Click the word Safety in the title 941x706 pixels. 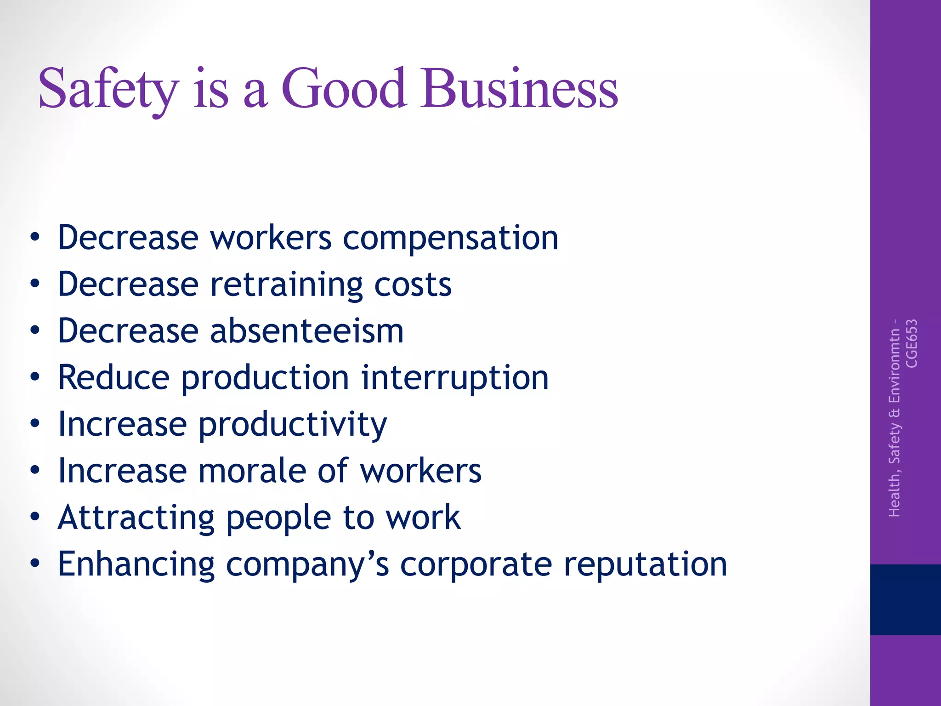[108, 90]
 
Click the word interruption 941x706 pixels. [454, 378]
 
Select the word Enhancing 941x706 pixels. [136, 565]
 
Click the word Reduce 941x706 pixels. [113, 378]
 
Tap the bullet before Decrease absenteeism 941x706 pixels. [35, 330]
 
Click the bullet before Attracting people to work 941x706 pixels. [35, 517]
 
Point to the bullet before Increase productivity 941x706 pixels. [35, 423]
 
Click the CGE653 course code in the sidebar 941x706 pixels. [912, 343]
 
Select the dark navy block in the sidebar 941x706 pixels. [905, 599]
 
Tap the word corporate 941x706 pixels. [476, 565]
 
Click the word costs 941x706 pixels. [413, 285]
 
